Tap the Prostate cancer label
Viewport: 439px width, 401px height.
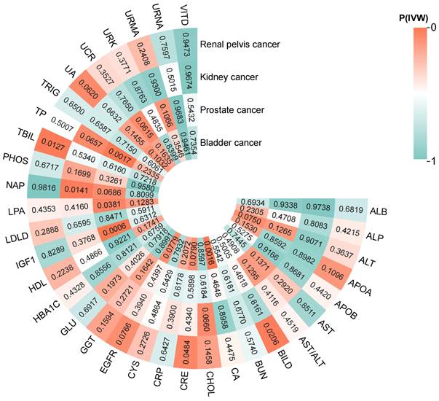click(233, 109)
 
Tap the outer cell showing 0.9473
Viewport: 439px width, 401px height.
click(188, 42)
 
